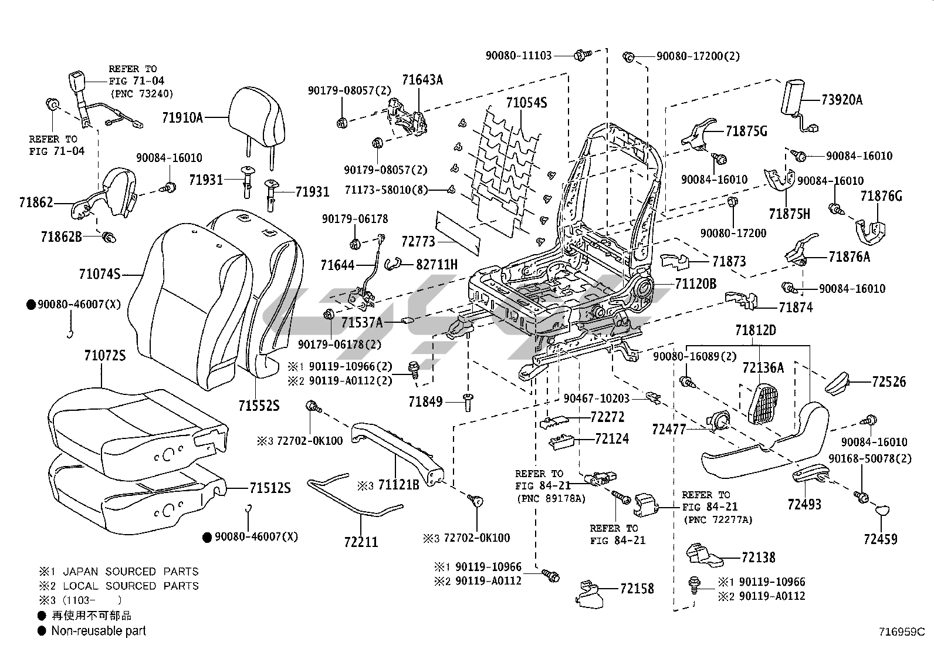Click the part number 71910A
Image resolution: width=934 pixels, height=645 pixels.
pyautogui.click(x=182, y=118)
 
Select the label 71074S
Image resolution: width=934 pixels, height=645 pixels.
pyautogui.click(x=100, y=274)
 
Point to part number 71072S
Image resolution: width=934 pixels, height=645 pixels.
pyautogui.click(x=104, y=356)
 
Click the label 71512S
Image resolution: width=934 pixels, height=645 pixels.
pyautogui.click(x=269, y=488)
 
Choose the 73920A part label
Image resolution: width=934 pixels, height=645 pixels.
pyautogui.click(x=841, y=100)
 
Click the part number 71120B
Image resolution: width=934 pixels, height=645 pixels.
pyautogui.click(x=695, y=284)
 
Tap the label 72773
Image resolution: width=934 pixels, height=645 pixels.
pyautogui.click(x=418, y=241)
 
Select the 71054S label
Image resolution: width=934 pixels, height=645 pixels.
pyautogui.click(x=526, y=103)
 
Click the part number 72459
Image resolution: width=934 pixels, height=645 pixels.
pyautogui.click(x=880, y=539)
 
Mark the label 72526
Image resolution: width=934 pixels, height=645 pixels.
pyautogui.click(x=889, y=382)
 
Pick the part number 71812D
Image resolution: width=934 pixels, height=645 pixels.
pyautogui.click(x=755, y=330)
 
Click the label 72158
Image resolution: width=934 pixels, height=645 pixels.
pyautogui.click(x=637, y=589)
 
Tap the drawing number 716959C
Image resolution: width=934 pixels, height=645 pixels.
pyautogui.click(x=901, y=632)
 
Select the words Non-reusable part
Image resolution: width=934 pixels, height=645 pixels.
pyautogui.click(x=99, y=631)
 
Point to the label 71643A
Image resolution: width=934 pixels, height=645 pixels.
pyautogui.click(x=422, y=80)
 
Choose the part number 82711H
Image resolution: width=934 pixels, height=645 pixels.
pyautogui.click(x=436, y=265)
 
